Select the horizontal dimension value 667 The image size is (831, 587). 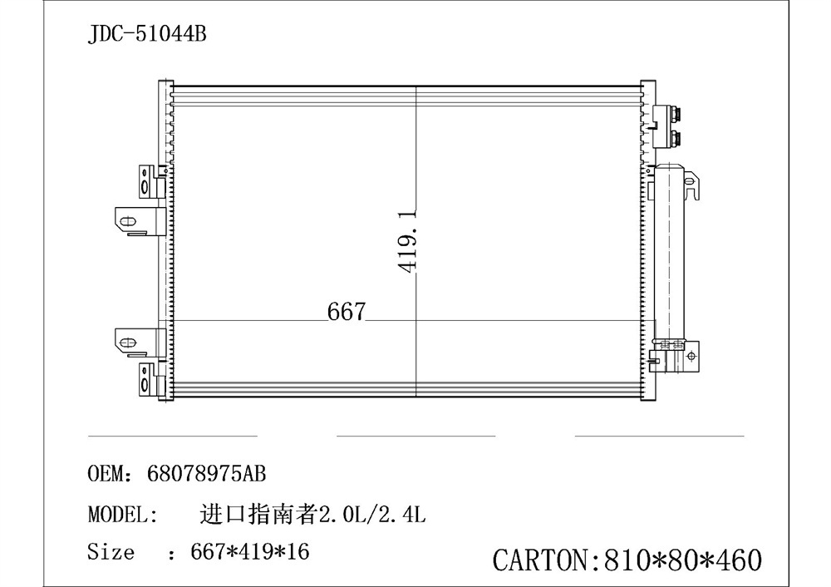[x=347, y=312]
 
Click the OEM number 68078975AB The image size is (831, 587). [x=206, y=475]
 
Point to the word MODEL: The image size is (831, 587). [x=123, y=514]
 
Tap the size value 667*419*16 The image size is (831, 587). [x=250, y=551]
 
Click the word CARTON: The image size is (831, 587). [x=541, y=560]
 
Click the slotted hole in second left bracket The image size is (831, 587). [x=127, y=220]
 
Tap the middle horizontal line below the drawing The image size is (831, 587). [x=415, y=435]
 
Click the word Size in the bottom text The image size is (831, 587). [x=111, y=551]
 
